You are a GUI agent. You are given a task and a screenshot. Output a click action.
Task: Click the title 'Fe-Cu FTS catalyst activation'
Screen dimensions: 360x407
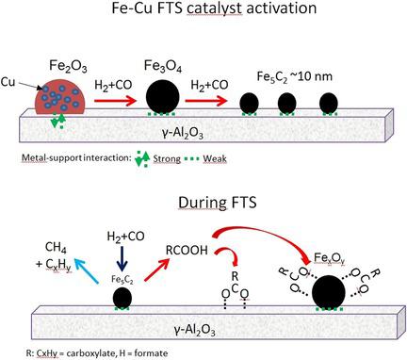(x=203, y=14)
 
